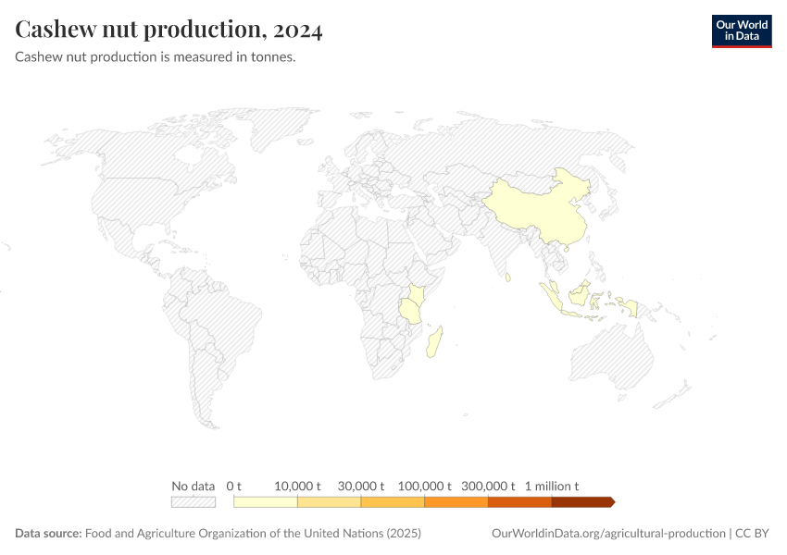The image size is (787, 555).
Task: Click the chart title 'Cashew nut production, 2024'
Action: point(169,31)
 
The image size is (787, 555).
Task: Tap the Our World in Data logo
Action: point(741,31)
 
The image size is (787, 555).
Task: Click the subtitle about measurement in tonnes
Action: point(155,57)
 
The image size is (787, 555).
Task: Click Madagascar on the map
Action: point(433,341)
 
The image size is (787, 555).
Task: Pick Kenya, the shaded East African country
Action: point(416,294)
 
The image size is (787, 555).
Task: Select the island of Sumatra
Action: point(552,298)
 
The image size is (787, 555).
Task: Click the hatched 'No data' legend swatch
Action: point(194,501)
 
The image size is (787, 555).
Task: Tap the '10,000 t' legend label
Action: point(297,486)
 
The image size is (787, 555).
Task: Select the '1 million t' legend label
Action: point(552,486)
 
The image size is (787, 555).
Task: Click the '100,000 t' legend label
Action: point(425,486)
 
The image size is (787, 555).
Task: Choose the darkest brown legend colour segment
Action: point(581,501)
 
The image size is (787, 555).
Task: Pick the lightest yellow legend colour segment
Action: point(265,501)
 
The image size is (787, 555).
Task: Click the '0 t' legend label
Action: point(233,486)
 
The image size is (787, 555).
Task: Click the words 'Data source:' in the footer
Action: point(48,534)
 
